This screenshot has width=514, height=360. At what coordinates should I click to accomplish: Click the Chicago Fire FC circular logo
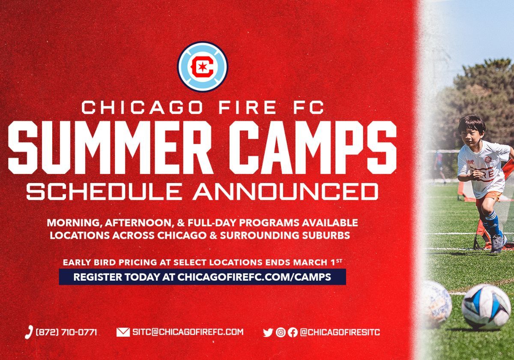tap(203, 67)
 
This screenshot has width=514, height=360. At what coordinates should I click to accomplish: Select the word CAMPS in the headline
tap(313, 147)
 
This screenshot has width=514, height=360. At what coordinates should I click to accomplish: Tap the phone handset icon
tap(29, 332)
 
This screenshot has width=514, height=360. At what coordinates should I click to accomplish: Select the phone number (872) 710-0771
tap(66, 332)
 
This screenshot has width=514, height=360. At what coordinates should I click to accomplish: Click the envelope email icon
tap(123, 332)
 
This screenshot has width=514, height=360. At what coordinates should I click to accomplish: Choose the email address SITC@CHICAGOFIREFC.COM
tap(188, 332)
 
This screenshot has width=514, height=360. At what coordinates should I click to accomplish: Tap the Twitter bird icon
tap(268, 333)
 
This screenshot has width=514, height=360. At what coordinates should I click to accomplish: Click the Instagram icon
tap(281, 333)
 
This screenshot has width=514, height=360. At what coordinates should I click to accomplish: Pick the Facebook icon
tap(293, 333)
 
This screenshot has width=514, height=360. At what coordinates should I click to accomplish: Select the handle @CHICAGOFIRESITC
tap(340, 332)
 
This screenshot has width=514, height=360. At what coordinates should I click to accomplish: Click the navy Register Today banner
tap(202, 277)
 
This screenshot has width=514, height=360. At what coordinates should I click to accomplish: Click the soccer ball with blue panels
tap(486, 306)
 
